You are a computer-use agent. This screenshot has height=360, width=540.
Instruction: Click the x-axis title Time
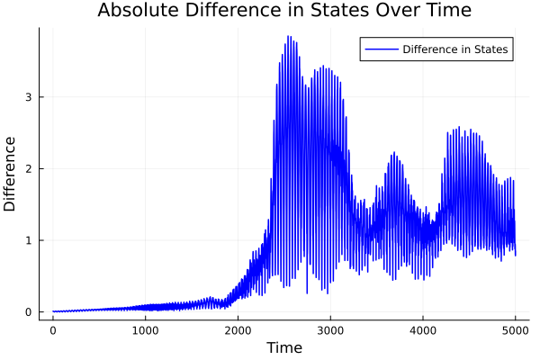click(284, 347)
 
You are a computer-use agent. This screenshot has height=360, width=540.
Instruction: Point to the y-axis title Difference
click(11, 174)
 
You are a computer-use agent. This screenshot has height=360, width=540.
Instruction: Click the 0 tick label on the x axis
click(53, 330)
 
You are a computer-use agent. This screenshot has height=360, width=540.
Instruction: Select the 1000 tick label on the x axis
click(146, 330)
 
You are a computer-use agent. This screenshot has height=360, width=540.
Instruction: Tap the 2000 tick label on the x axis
click(238, 330)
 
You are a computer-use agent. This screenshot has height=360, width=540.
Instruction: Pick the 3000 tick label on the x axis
click(330, 330)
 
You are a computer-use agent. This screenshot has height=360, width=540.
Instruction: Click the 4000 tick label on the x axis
click(423, 330)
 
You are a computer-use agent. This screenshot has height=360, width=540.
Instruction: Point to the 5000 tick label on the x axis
click(515, 330)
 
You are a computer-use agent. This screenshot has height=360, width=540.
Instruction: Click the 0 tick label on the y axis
click(40, 312)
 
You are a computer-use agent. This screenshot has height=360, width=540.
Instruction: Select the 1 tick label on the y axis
click(40, 240)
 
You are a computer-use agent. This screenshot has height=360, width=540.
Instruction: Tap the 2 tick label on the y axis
click(40, 168)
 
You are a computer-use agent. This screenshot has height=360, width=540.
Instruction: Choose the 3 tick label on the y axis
click(40, 96)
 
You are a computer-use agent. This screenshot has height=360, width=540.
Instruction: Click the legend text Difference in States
click(456, 49)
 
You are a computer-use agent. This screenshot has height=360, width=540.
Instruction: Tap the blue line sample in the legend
click(380, 49)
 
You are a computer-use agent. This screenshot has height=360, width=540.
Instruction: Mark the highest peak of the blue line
click(288, 36)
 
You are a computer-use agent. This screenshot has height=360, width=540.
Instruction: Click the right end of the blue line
click(516, 255)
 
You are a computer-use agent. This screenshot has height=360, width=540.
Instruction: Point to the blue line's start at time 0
click(53, 311)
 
